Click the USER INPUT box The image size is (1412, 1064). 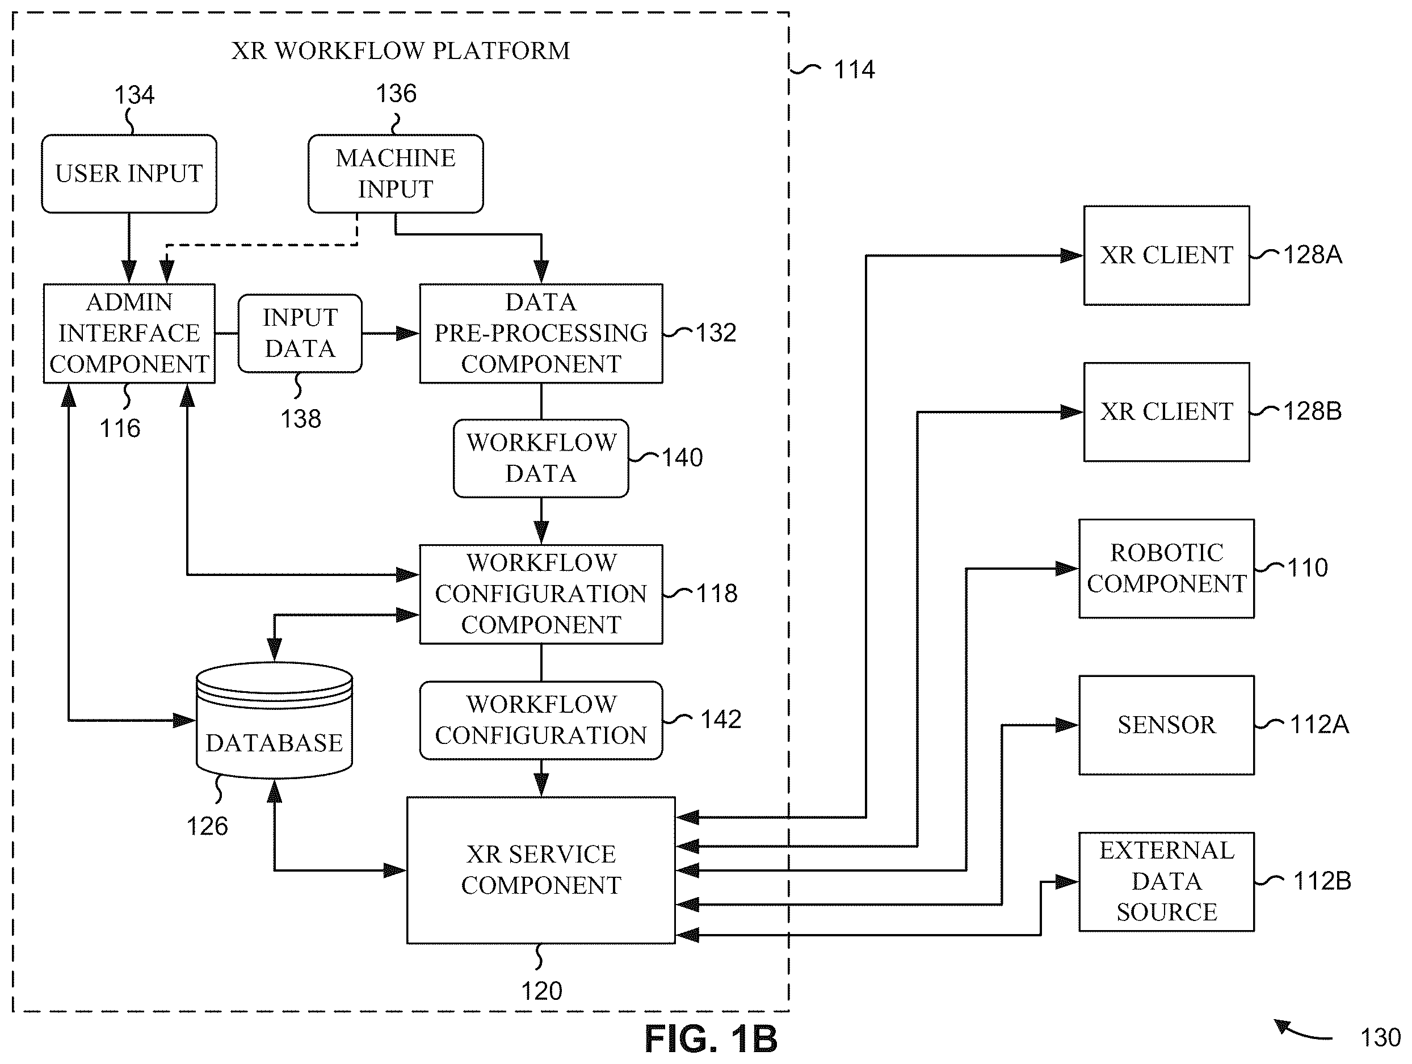(x=129, y=174)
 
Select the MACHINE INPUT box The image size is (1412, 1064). (x=396, y=174)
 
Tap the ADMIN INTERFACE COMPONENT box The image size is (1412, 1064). (x=129, y=333)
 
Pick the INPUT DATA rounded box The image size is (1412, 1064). (x=300, y=333)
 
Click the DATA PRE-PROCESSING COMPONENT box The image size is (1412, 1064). (x=541, y=333)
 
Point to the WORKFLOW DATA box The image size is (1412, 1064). (x=541, y=459)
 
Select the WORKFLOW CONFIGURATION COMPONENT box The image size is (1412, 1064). (x=541, y=594)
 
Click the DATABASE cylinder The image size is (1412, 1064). (x=275, y=721)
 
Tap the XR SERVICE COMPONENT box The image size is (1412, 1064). (x=541, y=870)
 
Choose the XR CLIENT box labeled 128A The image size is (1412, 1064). (x=1167, y=255)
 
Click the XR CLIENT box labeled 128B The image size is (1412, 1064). (x=1167, y=411)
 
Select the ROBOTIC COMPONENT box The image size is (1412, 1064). (x=1167, y=568)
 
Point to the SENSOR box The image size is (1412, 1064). (x=1167, y=725)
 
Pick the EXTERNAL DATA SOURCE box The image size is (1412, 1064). (x=1167, y=881)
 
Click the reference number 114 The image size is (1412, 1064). (x=854, y=70)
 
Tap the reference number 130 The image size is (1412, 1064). (x=1380, y=1038)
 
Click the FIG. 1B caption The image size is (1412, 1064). (x=711, y=1038)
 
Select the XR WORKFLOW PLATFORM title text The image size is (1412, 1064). (x=401, y=51)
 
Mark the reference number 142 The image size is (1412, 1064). (x=721, y=720)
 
